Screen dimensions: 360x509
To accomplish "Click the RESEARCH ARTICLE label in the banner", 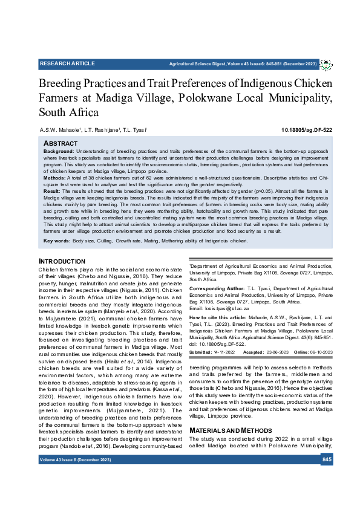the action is click(67, 63).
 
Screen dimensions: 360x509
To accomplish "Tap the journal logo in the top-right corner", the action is click(326, 63).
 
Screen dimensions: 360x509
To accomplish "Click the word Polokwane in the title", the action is click(240, 98).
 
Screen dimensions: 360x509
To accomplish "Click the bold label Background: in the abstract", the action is click(59, 151).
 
